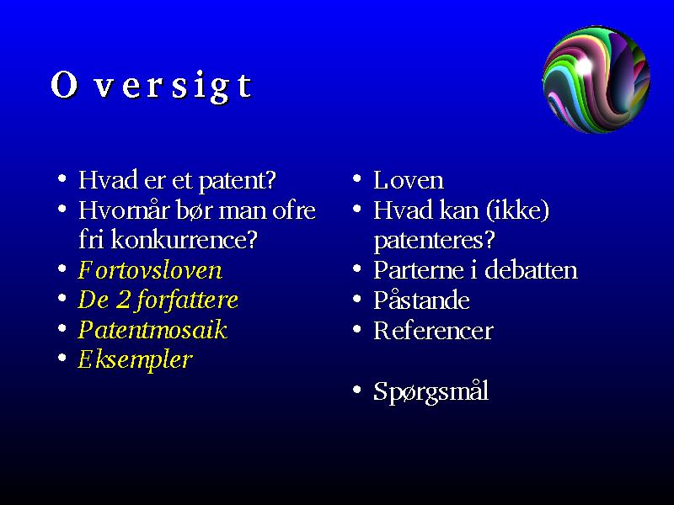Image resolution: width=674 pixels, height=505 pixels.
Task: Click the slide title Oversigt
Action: (152, 86)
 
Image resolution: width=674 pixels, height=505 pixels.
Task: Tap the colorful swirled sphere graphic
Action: (596, 79)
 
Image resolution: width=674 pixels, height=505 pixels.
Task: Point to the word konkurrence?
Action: (184, 240)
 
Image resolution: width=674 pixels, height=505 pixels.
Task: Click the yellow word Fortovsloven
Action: (150, 270)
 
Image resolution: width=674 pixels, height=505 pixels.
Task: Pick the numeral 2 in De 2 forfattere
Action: (123, 300)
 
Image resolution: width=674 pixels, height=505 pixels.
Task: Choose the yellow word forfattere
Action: (187, 300)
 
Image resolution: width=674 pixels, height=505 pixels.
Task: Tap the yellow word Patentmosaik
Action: (152, 330)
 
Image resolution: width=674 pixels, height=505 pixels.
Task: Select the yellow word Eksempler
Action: (135, 360)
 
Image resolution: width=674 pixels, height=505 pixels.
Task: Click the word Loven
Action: (409, 180)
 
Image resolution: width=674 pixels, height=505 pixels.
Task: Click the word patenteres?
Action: (434, 241)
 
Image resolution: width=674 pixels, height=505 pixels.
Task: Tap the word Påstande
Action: (421, 300)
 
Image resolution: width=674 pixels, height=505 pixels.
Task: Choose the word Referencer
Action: (433, 331)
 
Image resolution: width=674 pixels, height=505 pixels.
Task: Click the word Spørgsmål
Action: (431, 391)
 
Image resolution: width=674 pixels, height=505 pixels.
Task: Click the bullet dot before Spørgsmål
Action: (356, 390)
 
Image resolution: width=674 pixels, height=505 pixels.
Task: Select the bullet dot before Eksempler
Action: (62, 358)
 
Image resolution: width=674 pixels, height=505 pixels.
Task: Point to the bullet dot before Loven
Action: (356, 178)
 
